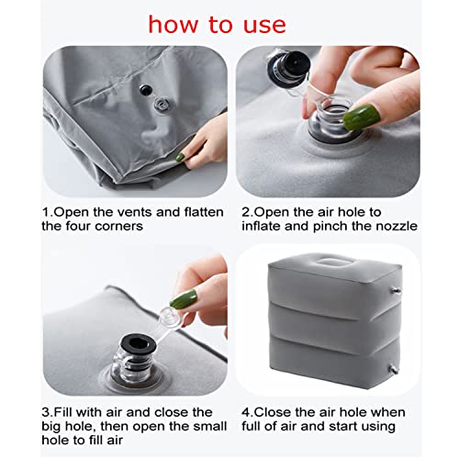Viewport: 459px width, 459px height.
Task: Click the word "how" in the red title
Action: [x=173, y=24]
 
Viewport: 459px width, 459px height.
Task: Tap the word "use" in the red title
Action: [x=264, y=26]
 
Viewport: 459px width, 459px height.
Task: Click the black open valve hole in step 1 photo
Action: [x=146, y=90]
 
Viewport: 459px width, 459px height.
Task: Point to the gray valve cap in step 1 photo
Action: [x=162, y=105]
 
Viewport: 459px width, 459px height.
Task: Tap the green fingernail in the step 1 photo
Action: [x=180, y=157]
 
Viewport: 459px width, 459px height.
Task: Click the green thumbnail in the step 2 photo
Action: [x=362, y=117]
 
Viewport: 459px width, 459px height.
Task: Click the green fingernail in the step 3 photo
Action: [x=183, y=299]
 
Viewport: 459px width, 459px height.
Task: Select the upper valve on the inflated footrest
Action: [x=396, y=291]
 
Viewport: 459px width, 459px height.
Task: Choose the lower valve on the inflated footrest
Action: [x=394, y=370]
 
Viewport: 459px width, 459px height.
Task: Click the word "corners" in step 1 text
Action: [x=118, y=227]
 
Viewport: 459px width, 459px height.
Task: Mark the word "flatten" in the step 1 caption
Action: [x=204, y=212]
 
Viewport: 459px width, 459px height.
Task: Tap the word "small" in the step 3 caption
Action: [x=208, y=426]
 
